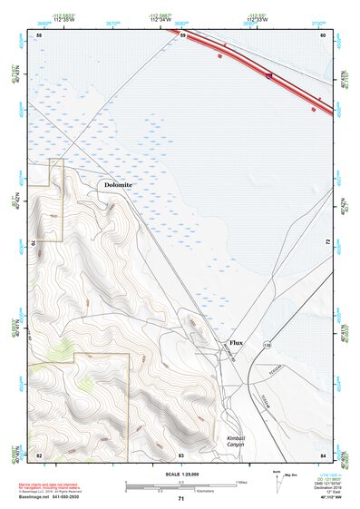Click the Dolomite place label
(x=118, y=185)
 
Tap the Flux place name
(x=237, y=343)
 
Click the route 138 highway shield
(x=268, y=346)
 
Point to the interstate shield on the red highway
(x=268, y=76)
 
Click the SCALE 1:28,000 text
(x=181, y=474)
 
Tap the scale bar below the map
(x=180, y=485)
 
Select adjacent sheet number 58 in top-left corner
(x=39, y=34)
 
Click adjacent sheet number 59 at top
(x=182, y=35)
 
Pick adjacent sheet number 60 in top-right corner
(x=323, y=35)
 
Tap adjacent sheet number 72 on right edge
(x=326, y=243)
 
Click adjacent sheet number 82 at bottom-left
(x=39, y=454)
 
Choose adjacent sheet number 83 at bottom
(x=181, y=454)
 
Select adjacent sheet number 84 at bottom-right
(x=323, y=454)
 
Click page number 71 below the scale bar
(x=181, y=499)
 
